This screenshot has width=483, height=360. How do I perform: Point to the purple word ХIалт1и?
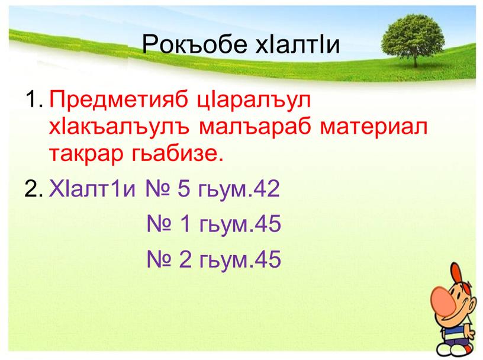pyautogui.click(x=91, y=189)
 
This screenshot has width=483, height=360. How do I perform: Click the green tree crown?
pyautogui.click(x=414, y=33)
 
